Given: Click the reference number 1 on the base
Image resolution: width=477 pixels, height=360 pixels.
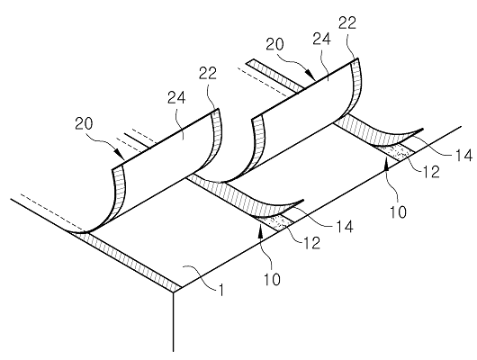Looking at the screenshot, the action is coord(221,290).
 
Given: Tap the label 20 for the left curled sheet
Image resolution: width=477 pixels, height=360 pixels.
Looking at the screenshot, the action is coord(84,124).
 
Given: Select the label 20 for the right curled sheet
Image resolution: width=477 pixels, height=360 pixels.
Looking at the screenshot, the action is coord(274,44).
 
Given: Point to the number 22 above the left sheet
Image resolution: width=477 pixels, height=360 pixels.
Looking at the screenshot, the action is coord(208,73).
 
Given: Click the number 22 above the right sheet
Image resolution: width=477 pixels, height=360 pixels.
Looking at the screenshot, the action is coord(347,22).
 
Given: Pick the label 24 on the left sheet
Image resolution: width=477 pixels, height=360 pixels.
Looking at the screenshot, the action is coord(176,98).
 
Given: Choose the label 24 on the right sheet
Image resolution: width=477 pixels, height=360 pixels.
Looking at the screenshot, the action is coord(321,40).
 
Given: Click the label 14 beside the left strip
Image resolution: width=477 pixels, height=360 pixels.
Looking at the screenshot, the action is coord(344,227).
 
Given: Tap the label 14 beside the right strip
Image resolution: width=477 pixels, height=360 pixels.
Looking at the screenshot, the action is coord(463,155).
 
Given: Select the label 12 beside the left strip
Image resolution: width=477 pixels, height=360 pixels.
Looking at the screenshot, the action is coord(311,242).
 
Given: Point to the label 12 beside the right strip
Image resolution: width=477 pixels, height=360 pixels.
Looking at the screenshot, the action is coord(431,172).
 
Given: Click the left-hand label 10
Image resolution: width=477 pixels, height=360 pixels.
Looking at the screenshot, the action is coord(272,279).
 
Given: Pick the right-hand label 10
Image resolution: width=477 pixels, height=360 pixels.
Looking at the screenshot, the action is coord(398,211).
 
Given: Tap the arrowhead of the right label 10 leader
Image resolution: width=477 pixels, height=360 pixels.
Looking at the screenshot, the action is coord(387,166).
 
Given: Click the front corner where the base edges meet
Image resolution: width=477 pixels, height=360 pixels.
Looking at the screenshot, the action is coord(174,292).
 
